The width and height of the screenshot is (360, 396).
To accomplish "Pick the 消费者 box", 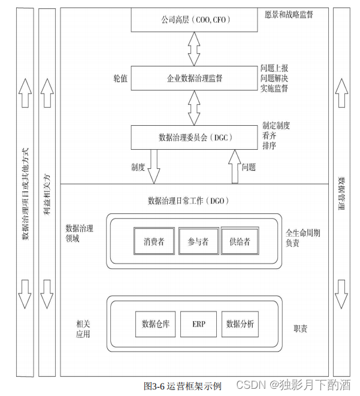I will point(154,242).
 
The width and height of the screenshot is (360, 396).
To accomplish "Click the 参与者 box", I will point(198,242).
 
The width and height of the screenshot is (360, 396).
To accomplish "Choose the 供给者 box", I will point(240,242).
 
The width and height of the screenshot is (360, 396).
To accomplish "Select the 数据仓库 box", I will point(155,324).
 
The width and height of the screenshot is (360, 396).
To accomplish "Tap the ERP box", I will point(199,324).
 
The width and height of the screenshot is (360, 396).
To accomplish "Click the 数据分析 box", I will point(240,324).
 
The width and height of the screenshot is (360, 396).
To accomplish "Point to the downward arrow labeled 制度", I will point(153,167).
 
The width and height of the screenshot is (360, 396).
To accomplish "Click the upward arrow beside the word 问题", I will point(233,167).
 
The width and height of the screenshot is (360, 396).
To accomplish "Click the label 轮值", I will point(120,78).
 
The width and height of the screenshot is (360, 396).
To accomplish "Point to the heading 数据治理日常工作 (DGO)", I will point(188,200).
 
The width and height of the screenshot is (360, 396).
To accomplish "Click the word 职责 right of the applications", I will point(301,328).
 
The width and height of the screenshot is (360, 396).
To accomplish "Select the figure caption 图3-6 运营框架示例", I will point(183,386).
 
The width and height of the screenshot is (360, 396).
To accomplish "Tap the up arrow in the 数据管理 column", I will point(341,93).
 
